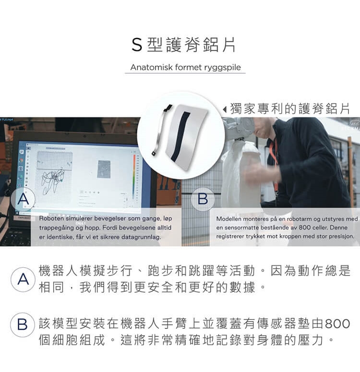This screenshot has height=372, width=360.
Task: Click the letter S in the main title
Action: pos(137,45)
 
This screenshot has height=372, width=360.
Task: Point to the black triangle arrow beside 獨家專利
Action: pos(225,109)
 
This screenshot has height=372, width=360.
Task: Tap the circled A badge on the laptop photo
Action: pos(23,199)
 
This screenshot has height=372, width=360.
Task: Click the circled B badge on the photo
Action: pos(203,199)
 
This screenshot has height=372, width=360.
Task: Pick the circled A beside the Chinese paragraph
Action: pos(23,279)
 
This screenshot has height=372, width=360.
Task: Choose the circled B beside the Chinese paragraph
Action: pos(23,324)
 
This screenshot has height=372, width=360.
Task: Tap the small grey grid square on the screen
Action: pos(104,169)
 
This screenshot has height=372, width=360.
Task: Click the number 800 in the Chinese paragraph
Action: pos(338,324)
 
